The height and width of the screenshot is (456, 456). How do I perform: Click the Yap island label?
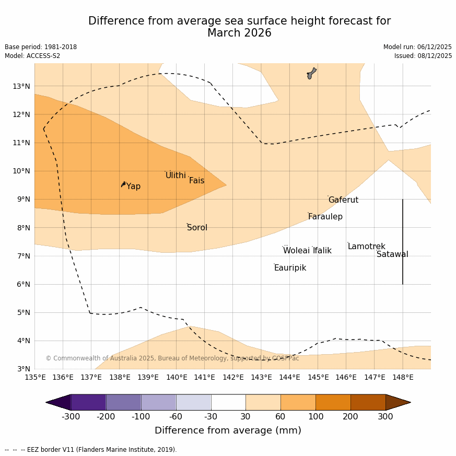pyautogui.click(x=133, y=186)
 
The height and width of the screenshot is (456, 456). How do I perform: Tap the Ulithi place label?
pyautogui.click(x=176, y=176)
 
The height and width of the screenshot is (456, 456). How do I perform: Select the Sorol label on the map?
pyautogui.click(x=197, y=228)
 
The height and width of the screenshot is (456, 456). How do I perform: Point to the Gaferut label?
pyautogui.click(x=343, y=200)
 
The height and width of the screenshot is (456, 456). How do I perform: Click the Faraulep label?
pyautogui.click(x=325, y=217)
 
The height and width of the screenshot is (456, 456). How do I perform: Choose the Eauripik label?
pyautogui.click(x=290, y=268)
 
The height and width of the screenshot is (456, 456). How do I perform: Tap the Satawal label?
pyautogui.click(x=392, y=254)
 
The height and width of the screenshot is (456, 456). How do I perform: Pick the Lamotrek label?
pyautogui.click(x=366, y=247)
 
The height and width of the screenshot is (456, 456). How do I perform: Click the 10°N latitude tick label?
pyautogui.click(x=21, y=171)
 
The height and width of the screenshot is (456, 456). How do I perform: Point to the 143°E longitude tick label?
pyautogui.click(x=261, y=377)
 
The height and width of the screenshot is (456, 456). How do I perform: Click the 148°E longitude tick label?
pyautogui.click(x=403, y=377)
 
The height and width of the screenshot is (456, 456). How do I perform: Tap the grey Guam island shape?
pyautogui.click(x=311, y=73)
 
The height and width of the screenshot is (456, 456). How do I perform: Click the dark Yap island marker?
pyautogui.click(x=123, y=184)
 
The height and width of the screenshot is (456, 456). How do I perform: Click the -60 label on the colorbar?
pyautogui.click(x=176, y=416)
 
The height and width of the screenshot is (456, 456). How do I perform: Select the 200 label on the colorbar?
pyautogui.click(x=350, y=416)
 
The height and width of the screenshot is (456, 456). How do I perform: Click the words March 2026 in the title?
pyautogui.click(x=239, y=33)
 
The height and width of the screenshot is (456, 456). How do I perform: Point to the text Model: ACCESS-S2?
pyautogui.click(x=32, y=56)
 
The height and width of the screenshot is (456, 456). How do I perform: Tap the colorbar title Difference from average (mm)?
pyautogui.click(x=228, y=431)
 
